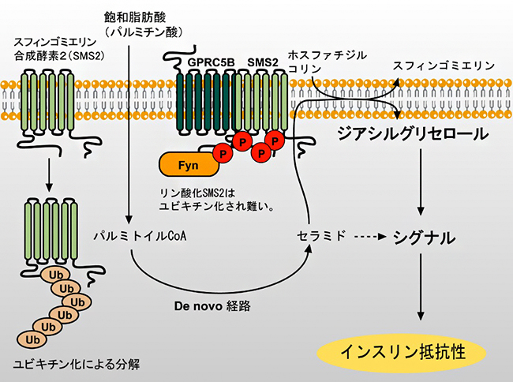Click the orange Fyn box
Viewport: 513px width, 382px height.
point(187,165)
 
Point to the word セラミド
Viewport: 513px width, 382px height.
point(318,234)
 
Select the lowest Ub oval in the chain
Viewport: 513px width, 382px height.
point(33,339)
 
